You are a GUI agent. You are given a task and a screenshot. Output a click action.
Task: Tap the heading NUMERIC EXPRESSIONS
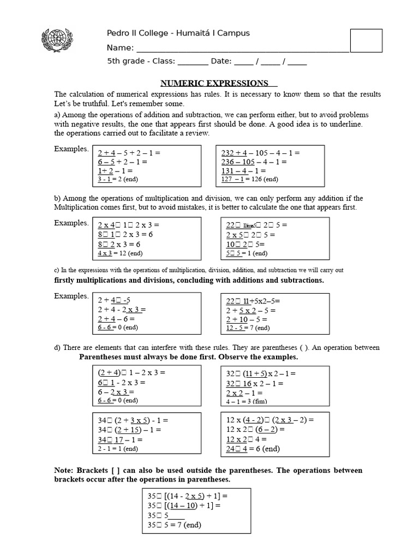pyautogui.click(x=218, y=83)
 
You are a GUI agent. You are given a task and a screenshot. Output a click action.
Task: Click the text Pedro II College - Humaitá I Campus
pyautogui.click(x=178, y=33)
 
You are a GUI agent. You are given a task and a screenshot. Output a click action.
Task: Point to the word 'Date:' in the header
pyautogui.click(x=221, y=62)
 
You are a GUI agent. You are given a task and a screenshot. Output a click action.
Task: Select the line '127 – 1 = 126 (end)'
pyautogui.click(x=249, y=179)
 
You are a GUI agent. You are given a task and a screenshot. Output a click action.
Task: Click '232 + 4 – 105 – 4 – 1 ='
pyautogui.click(x=260, y=153)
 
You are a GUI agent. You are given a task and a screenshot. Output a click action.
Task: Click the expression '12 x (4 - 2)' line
pyautogui.click(x=270, y=420)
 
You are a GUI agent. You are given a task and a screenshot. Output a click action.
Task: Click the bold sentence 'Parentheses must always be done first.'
pyautogui.click(x=188, y=357)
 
